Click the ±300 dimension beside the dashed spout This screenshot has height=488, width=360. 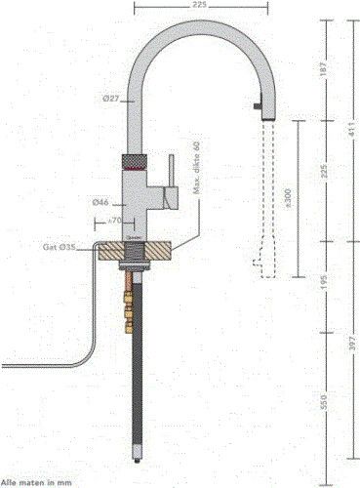(x=285, y=199)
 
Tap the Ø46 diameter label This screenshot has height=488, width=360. (x=100, y=202)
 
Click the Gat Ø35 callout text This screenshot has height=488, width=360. (x=60, y=248)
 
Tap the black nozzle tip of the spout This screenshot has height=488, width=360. (x=259, y=102)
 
